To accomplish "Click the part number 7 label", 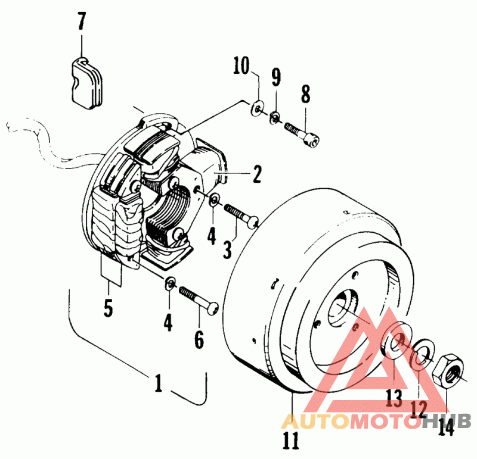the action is pos(81,23).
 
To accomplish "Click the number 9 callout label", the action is pos(275,77).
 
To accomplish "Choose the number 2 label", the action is pos(256,174).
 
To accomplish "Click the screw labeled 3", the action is pos(240,215).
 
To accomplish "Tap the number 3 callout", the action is pos(227,248).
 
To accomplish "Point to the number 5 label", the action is pos(108,308).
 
